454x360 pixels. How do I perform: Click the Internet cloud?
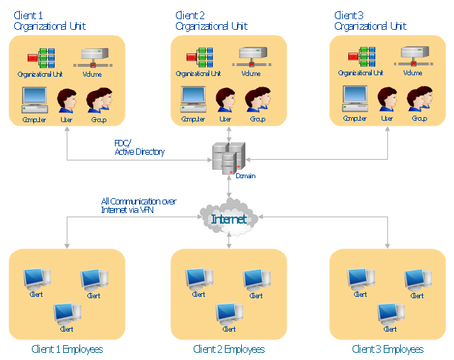[228, 219]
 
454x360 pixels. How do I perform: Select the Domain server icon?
[228, 158]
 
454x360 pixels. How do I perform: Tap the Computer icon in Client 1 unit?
[34, 100]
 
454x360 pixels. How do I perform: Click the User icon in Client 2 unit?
[226, 100]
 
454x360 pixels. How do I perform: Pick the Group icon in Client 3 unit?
[420, 100]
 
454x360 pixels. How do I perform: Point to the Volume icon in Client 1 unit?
[94, 57]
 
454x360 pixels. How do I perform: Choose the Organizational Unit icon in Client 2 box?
[200, 58]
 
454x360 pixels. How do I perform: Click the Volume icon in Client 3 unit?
[415, 57]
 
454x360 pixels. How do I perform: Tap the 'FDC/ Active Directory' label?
[139, 147]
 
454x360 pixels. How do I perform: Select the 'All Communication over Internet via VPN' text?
[138, 205]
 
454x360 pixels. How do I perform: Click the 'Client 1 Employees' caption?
[67, 349]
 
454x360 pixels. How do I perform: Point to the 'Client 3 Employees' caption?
[388, 349]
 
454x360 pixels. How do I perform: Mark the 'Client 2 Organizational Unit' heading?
[211, 21]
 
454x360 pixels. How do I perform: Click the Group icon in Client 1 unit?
[100, 100]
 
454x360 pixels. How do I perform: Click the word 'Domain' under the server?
[245, 175]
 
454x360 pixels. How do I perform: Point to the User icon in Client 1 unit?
[67, 100]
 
